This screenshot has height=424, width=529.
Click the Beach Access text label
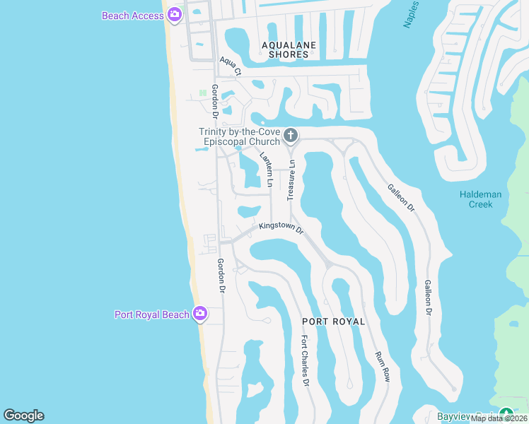point(132,16)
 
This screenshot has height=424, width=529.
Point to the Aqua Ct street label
point(231,66)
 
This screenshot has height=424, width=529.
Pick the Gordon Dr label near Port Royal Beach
point(221,276)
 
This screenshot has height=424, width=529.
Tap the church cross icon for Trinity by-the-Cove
point(290,135)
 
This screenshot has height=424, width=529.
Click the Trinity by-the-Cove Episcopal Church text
point(239,136)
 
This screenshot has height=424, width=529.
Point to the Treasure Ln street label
point(291,179)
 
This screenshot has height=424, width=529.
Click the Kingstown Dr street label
point(281,228)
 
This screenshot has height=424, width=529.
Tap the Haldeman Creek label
point(480,199)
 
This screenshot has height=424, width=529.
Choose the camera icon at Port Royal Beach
point(200,313)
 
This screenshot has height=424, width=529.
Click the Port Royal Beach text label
point(152,314)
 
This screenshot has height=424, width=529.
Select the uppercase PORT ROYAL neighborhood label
point(334,322)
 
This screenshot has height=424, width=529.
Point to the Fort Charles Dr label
point(305,361)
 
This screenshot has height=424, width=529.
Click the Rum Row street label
point(382,367)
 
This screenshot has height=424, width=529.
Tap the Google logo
point(23,416)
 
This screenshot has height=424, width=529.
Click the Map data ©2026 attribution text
point(499,418)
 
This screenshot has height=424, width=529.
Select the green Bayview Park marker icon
point(505,414)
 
